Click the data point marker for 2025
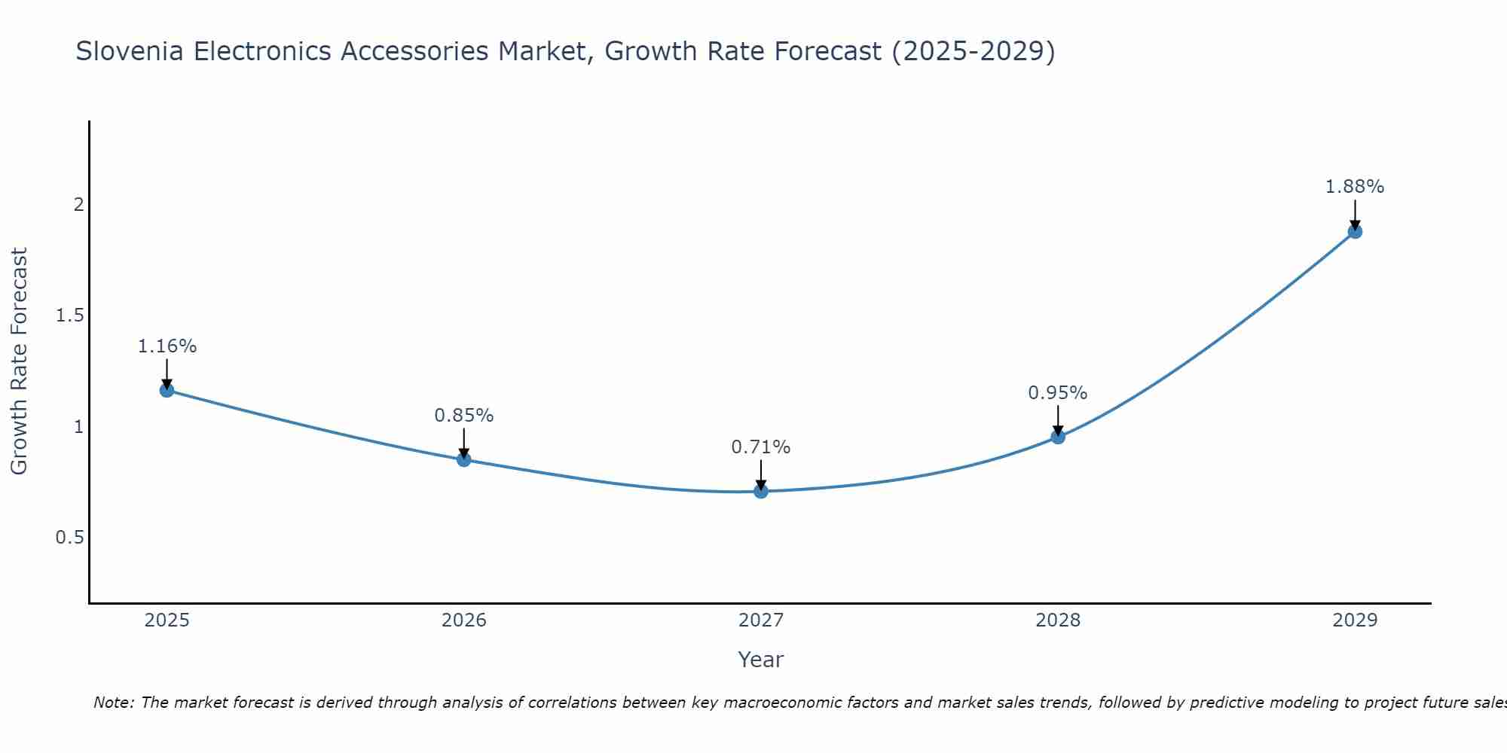[x=167, y=390]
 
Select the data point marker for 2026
[x=464, y=459]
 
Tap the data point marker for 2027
[x=761, y=491]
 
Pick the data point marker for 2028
[x=1058, y=437]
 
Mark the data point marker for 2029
[x=1355, y=231]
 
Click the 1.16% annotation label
[x=167, y=346]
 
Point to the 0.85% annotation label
[x=464, y=416]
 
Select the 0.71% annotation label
[x=761, y=447]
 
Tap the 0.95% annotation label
[x=1058, y=393]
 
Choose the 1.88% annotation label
[x=1355, y=187]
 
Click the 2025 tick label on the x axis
[x=167, y=620]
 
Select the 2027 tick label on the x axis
[x=761, y=620]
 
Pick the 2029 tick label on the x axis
[x=1355, y=620]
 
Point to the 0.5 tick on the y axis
[x=69, y=538]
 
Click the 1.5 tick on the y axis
[x=69, y=316]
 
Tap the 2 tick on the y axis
[x=78, y=205]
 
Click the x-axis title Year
[x=761, y=660]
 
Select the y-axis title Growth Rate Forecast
[x=20, y=361]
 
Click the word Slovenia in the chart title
[x=130, y=51]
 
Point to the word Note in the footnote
[x=113, y=703]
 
